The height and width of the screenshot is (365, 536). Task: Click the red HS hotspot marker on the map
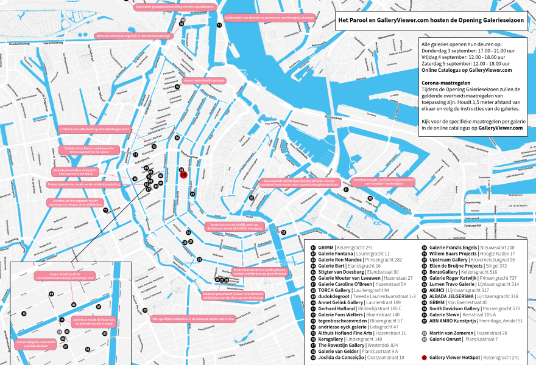pos(183,175)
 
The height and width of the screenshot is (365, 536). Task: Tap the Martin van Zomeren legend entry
pos(468,333)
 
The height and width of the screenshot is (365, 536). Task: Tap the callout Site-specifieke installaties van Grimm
pos(185,318)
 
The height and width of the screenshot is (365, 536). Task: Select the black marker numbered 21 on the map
pos(345,189)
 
